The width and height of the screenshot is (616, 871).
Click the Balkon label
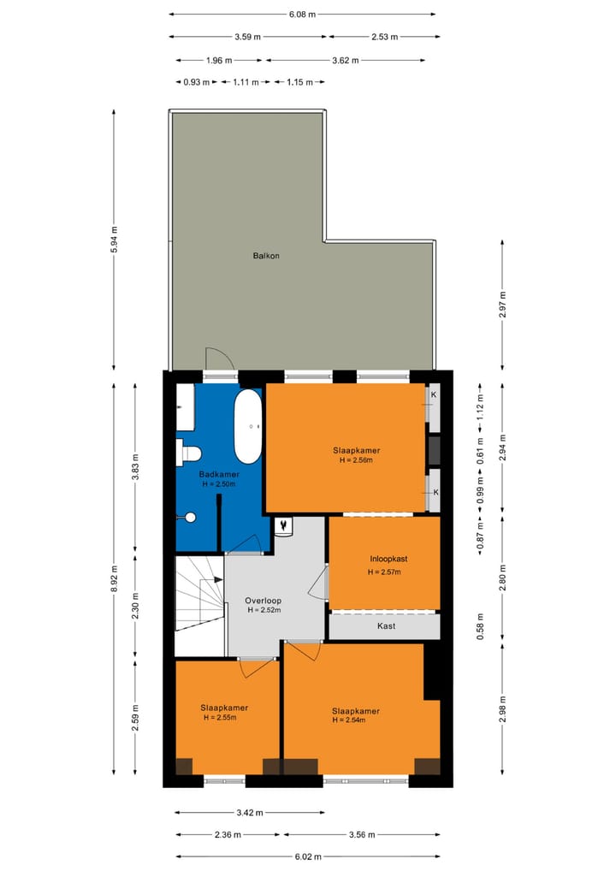click(266, 256)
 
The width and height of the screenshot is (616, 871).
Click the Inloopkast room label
click(383, 559)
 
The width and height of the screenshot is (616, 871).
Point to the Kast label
click(386, 626)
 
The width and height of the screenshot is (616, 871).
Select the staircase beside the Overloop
click(199, 592)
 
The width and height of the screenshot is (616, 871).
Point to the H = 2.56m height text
click(356, 460)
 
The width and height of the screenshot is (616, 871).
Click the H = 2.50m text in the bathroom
click(219, 484)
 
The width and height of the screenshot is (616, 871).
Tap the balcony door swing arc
click(219, 359)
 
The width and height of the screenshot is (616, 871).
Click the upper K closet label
click(435, 395)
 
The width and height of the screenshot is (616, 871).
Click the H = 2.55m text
click(219, 718)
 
